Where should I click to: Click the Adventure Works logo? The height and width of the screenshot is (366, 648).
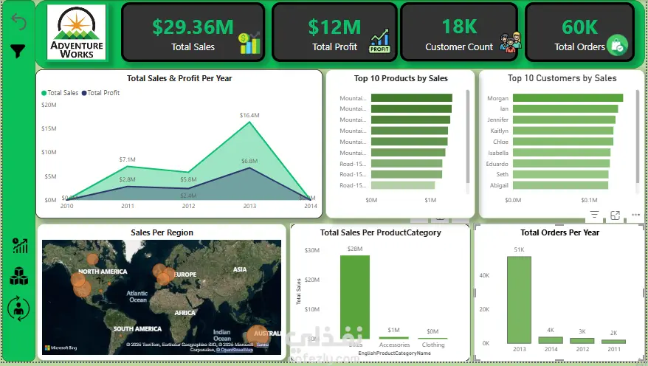77,32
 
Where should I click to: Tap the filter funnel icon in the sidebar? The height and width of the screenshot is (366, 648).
18,51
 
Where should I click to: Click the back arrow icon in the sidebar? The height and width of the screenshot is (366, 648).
18,23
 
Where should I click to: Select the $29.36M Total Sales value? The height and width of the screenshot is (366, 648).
193,27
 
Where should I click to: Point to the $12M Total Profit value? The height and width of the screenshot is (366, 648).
334,27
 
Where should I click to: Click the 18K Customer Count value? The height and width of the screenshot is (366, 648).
459,27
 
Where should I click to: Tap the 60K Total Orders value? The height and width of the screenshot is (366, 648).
579,27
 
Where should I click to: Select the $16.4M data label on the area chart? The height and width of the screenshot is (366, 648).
249,115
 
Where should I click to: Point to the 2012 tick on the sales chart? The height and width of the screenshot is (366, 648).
189,206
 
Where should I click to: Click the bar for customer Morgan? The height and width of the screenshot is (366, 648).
568,98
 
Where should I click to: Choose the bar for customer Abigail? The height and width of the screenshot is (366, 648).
560,186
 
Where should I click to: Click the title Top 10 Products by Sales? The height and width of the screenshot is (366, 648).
401,78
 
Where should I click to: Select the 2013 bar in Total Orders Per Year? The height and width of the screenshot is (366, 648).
519,300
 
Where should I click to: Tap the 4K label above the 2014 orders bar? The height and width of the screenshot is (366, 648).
551,331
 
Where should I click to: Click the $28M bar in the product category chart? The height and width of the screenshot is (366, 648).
355,295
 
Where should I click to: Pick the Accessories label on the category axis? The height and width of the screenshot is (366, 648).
394,345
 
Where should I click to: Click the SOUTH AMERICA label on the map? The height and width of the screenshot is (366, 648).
137,328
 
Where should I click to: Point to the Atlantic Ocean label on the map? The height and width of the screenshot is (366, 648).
138,296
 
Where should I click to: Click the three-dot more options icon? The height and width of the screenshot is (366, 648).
635,215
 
